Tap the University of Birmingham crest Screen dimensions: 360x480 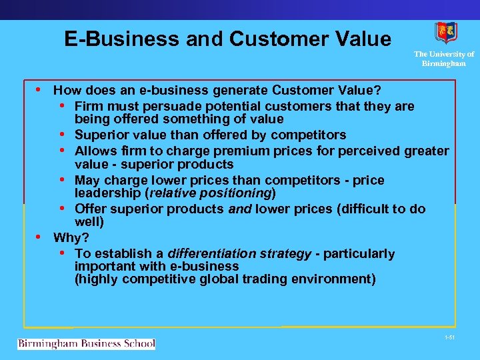tap(445, 33)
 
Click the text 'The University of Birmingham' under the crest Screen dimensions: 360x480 tap(444, 59)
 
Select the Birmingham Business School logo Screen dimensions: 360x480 tap(86, 344)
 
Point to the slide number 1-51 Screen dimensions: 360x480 tap(450, 338)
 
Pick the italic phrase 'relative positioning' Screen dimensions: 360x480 tap(210, 193)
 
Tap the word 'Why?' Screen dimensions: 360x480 tap(71, 237)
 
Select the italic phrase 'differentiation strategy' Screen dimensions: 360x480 tap(239, 253)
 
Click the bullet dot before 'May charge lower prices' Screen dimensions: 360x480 tap(61, 179)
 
